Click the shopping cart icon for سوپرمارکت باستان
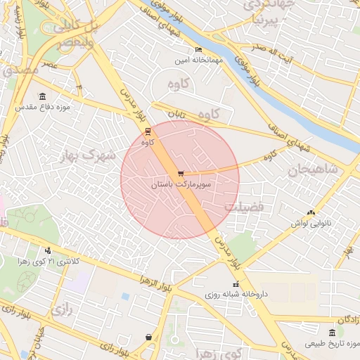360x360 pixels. (x=181, y=173)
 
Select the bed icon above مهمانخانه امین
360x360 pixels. (x=198, y=50)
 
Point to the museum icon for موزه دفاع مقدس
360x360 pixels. (x=43, y=96)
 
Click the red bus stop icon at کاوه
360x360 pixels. (x=148, y=131)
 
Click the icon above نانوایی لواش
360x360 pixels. (x=311, y=212)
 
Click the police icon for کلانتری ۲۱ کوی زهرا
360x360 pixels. (x=48, y=250)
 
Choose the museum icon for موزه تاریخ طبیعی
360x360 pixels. (x=333, y=332)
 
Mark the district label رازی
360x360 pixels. (x=63, y=308)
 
